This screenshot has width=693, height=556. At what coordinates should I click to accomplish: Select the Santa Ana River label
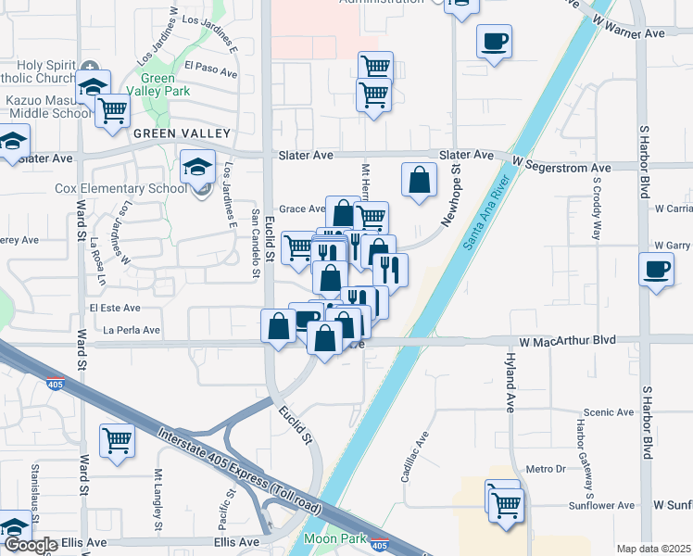tap(487, 211)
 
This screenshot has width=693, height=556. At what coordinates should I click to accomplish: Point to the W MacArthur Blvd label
tap(567, 341)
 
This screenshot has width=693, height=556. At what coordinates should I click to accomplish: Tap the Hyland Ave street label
tap(510, 381)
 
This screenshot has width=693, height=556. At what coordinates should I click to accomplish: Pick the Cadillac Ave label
tap(415, 458)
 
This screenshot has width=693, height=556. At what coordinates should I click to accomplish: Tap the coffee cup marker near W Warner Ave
tap(494, 41)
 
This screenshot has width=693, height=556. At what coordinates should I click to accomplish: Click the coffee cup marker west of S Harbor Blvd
tap(656, 270)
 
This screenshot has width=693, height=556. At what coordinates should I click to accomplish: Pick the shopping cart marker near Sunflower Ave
tap(506, 506)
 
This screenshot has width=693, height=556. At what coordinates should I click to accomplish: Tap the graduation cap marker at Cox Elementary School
tap(197, 167)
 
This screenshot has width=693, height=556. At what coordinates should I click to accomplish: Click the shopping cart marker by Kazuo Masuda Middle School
tap(113, 110)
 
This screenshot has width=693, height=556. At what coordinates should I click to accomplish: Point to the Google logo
tap(30, 545)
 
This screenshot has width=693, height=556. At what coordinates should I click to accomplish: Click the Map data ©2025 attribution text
tap(653, 549)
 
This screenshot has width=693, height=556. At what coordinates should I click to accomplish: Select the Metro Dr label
tap(546, 470)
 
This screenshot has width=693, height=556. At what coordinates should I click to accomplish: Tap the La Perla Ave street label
tap(132, 330)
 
